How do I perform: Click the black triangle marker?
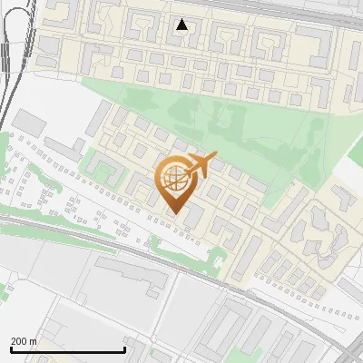click(x=181, y=25)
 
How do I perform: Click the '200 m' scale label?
click(x=24, y=341)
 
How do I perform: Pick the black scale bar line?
click(x=67, y=349)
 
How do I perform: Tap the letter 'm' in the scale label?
click(x=33, y=341)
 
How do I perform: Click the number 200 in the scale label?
click(x=19, y=341)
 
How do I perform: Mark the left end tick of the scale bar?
click(x=11, y=348)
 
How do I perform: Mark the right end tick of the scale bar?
click(x=124, y=348)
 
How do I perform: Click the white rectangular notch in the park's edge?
click(x=349, y=172)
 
